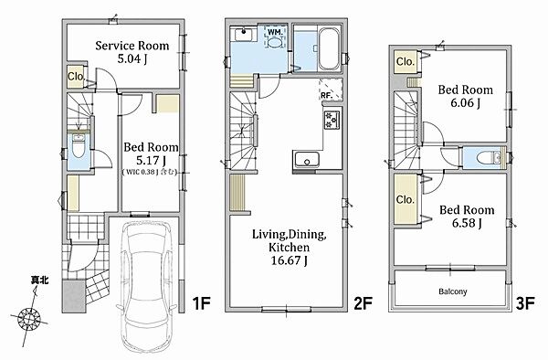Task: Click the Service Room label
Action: [132, 46]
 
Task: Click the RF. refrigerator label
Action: [326, 95]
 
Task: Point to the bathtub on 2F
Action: [328, 49]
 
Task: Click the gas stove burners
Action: [332, 120]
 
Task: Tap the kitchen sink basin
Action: [307, 160]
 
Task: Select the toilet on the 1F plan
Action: [79, 146]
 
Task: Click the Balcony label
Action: [453, 291]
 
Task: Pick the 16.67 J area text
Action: [289, 260]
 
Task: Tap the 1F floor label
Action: [202, 303]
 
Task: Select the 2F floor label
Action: [364, 303]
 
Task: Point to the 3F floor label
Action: [525, 303]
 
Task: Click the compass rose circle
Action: [29, 318]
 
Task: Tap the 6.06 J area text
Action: [465, 102]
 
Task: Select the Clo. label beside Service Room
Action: [76, 76]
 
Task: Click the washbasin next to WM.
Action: [243, 34]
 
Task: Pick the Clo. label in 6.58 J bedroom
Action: [405, 199]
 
